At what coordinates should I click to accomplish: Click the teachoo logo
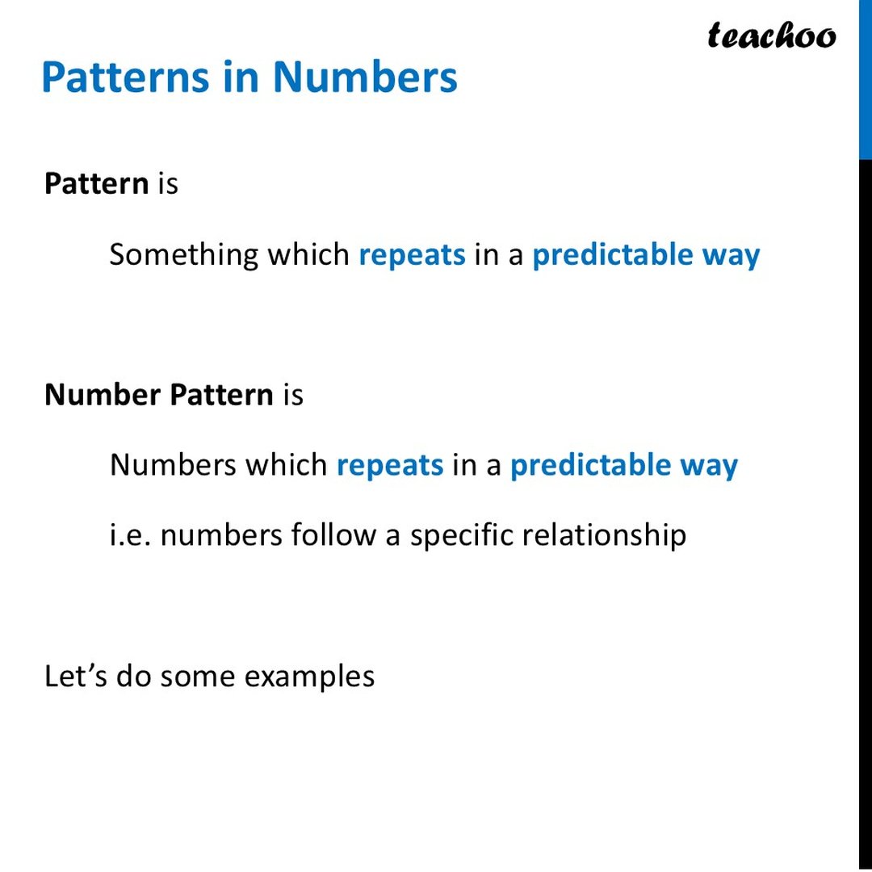pos(772,36)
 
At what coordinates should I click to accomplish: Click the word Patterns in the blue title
pos(124,78)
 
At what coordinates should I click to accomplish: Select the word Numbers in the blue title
pos(365,78)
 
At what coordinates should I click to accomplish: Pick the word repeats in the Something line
pos(412,256)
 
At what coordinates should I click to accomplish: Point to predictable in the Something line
pos(613,255)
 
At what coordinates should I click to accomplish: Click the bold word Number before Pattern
pos(103,395)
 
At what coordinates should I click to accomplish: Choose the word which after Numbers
pos(287,465)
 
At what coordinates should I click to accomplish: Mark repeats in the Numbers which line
pos(390,467)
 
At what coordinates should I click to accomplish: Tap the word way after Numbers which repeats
pos(708,467)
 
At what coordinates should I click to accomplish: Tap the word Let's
pos(76,676)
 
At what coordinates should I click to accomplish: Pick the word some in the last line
pos(198,677)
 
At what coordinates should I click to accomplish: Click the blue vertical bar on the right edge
pos(865,79)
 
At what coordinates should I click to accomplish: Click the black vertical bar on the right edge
pos(865,517)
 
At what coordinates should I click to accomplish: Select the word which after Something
pos(309,255)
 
